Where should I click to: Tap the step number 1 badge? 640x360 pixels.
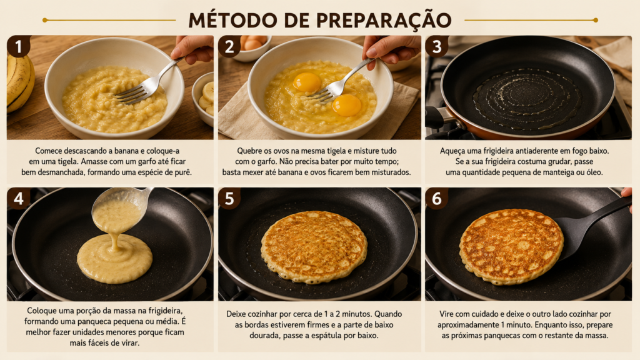[x=18, y=46]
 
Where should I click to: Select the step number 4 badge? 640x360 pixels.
[x=18, y=198]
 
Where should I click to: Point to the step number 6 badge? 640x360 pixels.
[x=437, y=198]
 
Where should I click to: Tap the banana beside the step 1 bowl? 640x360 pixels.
[x=19, y=83]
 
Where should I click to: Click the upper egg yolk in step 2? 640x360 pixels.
[x=307, y=82]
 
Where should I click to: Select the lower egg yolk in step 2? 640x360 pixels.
[x=346, y=105]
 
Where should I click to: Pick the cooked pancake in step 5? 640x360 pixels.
[x=314, y=246]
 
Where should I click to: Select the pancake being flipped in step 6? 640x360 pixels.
[x=511, y=246]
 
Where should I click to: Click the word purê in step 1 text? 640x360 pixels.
[x=182, y=172]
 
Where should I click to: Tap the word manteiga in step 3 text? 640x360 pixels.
[x=558, y=172]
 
